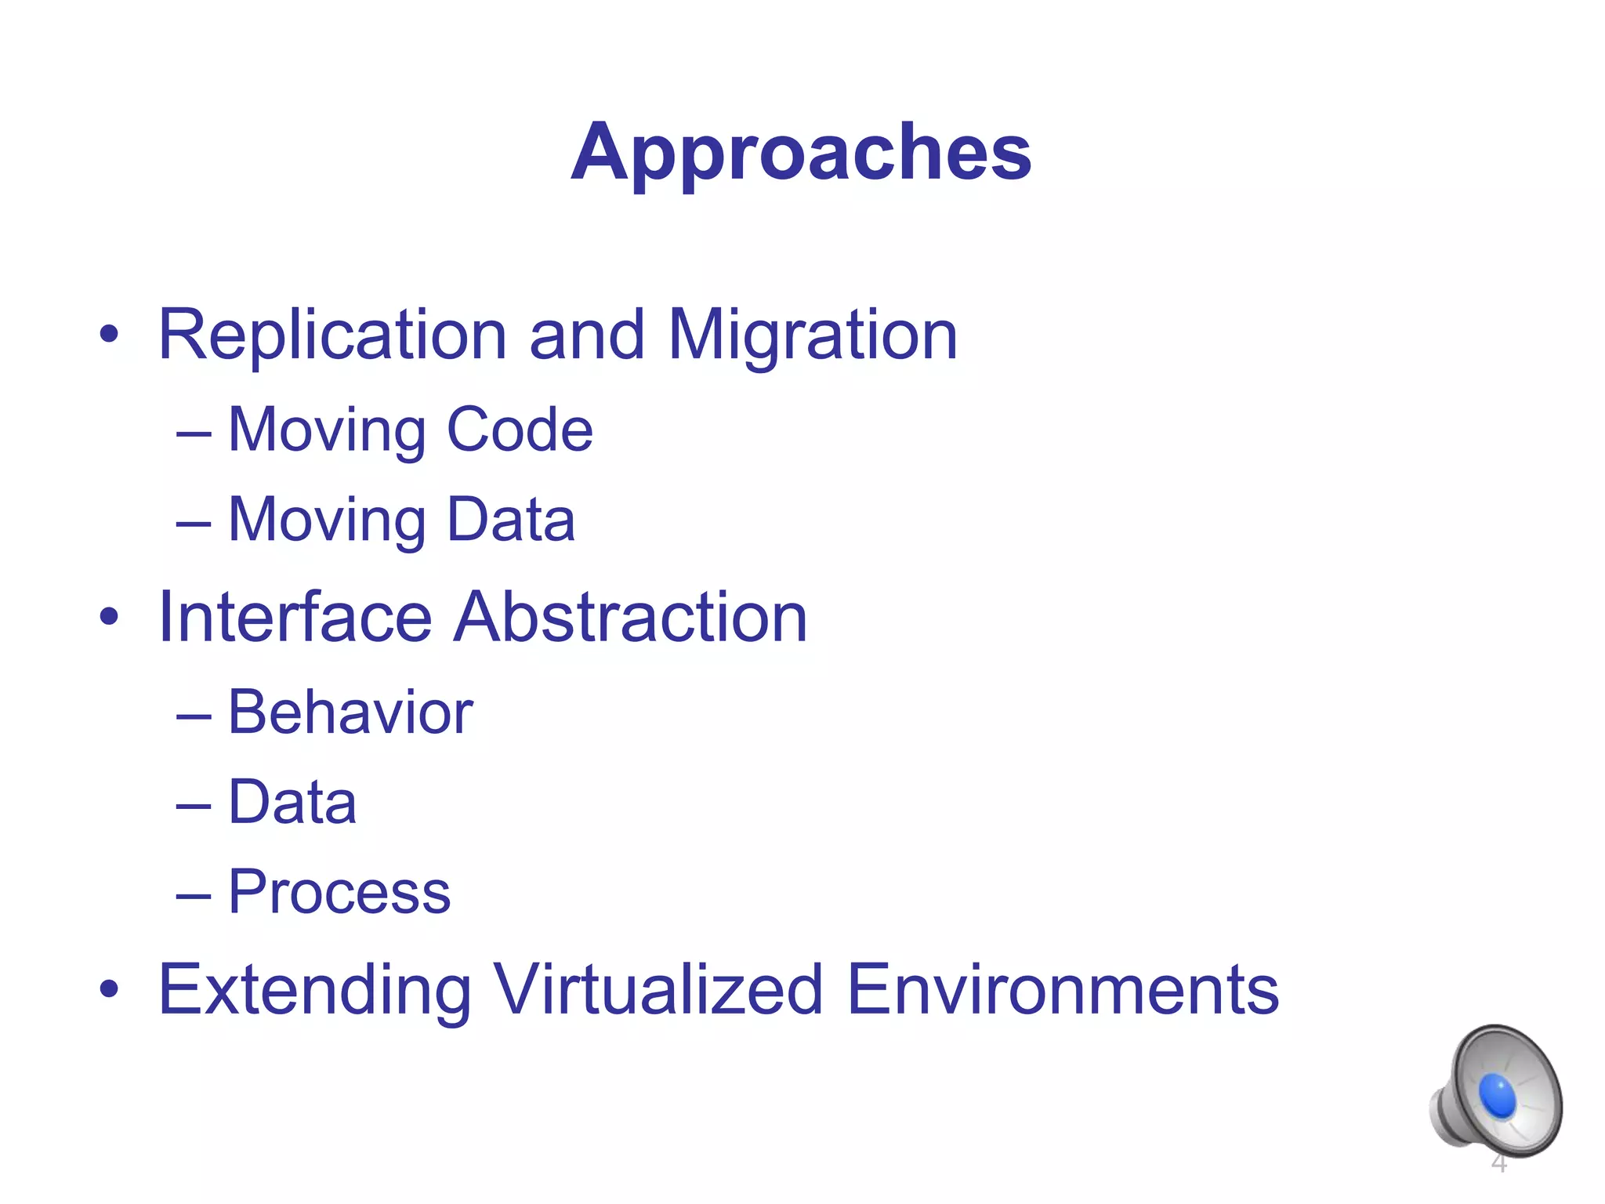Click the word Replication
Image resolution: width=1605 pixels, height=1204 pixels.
click(332, 335)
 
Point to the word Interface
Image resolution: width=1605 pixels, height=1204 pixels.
click(295, 617)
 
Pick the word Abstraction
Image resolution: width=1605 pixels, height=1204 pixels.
click(632, 617)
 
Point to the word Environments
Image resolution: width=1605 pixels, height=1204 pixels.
click(1063, 989)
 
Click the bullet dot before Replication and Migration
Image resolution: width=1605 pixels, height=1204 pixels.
click(109, 336)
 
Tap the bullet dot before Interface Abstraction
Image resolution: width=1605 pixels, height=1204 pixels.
click(109, 618)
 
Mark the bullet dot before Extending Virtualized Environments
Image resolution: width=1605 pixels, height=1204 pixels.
click(109, 990)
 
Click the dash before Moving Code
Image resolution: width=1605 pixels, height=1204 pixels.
click(194, 433)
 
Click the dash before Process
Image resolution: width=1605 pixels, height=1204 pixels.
click(194, 895)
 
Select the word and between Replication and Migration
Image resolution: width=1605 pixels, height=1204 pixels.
click(586, 335)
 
